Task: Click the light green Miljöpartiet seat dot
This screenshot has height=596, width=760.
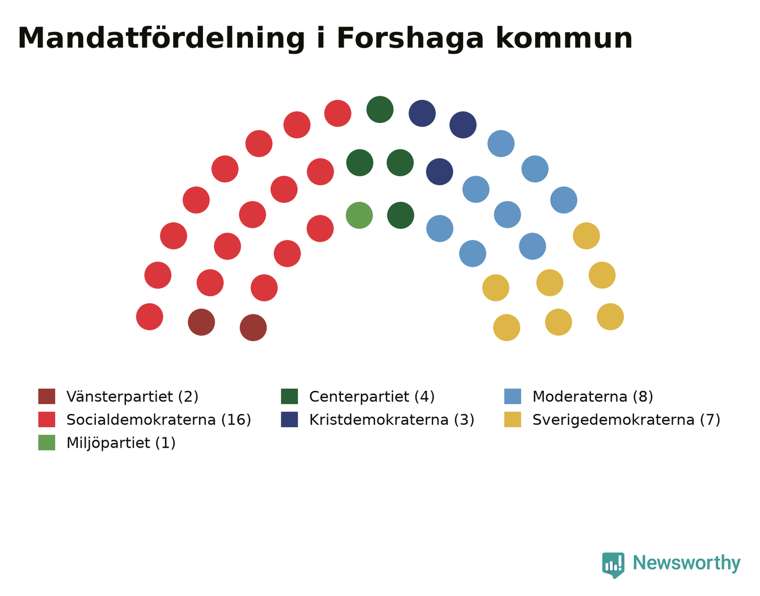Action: (x=359, y=215)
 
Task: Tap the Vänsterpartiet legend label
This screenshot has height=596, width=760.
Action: (x=132, y=397)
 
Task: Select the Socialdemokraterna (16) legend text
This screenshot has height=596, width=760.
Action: (x=159, y=420)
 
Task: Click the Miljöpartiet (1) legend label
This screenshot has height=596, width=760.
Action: (x=121, y=443)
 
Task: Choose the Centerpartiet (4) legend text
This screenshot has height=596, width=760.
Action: (x=372, y=397)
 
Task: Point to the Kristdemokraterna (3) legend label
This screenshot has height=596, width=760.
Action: (x=392, y=420)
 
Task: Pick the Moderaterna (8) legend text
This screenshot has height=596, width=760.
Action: (x=593, y=397)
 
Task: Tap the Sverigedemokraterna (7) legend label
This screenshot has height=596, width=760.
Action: (x=626, y=420)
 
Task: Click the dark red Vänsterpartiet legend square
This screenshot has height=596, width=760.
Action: (x=47, y=396)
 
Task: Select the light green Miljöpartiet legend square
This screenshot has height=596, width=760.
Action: (x=47, y=442)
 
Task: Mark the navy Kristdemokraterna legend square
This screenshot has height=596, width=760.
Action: (x=290, y=419)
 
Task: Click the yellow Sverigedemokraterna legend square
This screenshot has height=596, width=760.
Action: (x=513, y=419)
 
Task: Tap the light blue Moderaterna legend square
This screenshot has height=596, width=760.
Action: (x=513, y=396)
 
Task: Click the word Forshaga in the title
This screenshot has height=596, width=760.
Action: (x=411, y=39)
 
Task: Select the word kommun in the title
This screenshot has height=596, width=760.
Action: (x=564, y=38)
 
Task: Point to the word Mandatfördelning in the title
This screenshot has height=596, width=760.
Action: (x=161, y=39)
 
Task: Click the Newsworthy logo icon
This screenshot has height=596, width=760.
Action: (x=613, y=565)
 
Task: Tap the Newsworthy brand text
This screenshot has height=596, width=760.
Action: (x=687, y=563)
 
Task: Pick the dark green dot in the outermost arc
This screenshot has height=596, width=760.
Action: (x=380, y=109)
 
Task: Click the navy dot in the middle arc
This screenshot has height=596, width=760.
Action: (x=440, y=172)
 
